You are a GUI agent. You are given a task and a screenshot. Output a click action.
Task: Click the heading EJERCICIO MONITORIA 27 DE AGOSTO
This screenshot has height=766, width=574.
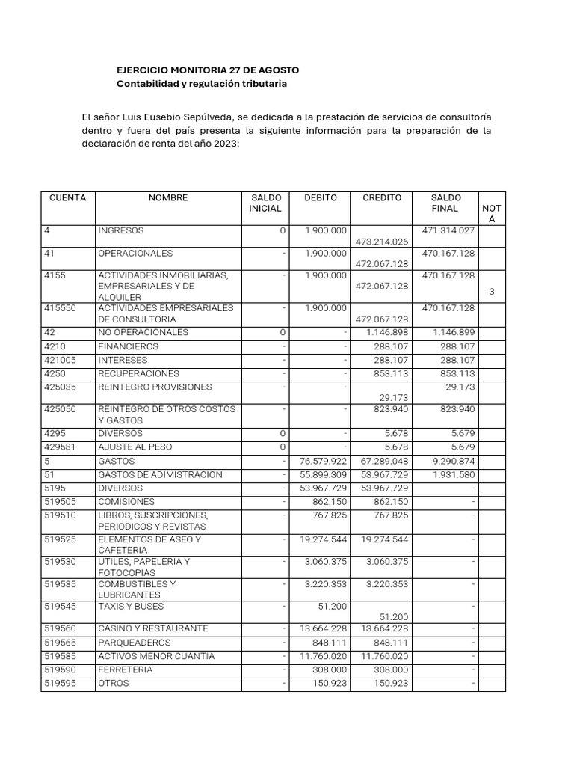[208, 70]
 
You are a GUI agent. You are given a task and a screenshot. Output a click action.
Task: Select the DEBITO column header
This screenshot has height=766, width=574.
[321, 198]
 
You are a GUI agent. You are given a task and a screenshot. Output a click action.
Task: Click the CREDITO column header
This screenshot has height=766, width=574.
[382, 198]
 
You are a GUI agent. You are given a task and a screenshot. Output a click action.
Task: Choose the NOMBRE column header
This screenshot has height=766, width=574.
[168, 198]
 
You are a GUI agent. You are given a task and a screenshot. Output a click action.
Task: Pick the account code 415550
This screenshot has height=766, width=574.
[61, 308]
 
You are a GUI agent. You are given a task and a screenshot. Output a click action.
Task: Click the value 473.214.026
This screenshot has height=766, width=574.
[382, 242]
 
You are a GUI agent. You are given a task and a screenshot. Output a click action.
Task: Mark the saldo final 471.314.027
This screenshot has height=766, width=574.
[448, 231]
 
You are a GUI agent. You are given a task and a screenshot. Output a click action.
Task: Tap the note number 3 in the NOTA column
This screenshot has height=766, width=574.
[492, 292]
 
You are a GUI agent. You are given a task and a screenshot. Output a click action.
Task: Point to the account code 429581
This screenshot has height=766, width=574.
[61, 447]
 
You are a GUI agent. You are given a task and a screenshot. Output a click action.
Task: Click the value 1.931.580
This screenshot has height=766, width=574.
[454, 475]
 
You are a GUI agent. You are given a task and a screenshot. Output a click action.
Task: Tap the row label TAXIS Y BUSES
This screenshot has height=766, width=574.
[131, 607]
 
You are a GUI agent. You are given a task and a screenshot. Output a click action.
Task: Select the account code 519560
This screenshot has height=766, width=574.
[61, 628]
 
